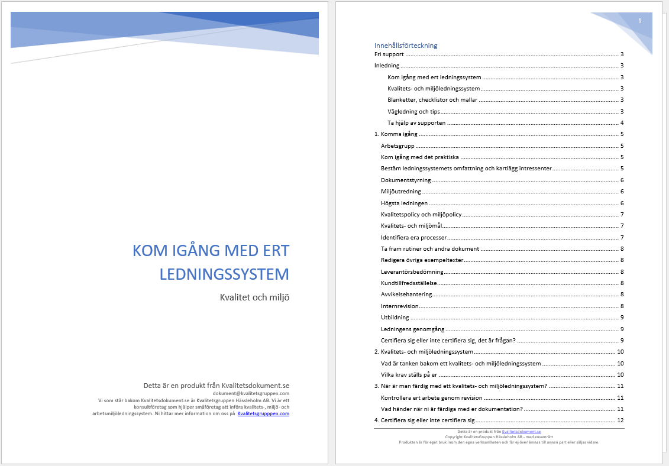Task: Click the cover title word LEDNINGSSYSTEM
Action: click(x=225, y=274)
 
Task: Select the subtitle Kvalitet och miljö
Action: click(x=254, y=297)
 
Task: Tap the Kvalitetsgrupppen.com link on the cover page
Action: click(x=263, y=413)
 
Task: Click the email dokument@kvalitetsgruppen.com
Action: click(x=251, y=393)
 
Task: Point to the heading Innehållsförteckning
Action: click(x=406, y=46)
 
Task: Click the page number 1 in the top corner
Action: click(x=639, y=21)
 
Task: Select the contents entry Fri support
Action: click(x=389, y=54)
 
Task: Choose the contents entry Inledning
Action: click(x=387, y=66)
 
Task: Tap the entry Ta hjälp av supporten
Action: click(x=416, y=123)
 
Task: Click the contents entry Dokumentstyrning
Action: click(x=406, y=180)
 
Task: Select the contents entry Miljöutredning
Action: click(x=400, y=192)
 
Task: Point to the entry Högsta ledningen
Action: click(x=404, y=203)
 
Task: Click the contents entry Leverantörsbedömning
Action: click(x=412, y=271)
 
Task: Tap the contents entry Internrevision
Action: click(x=399, y=306)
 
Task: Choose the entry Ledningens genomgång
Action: click(x=412, y=329)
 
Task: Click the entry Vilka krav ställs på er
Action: click(x=409, y=374)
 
